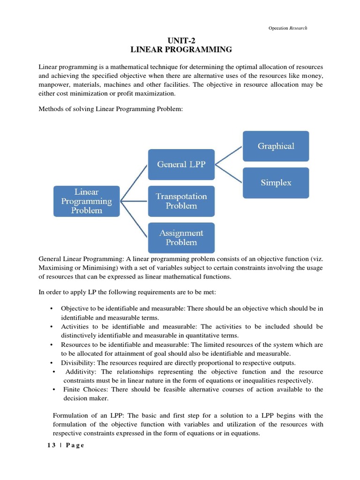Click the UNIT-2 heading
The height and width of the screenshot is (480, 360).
point(180,40)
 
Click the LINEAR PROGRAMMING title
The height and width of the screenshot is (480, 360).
point(180,49)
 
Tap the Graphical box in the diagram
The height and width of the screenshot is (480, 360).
point(276,146)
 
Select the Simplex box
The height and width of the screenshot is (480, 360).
point(276,182)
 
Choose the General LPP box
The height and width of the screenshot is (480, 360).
point(181,165)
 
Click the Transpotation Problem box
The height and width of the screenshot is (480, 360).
point(181,201)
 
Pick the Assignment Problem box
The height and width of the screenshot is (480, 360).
point(181,238)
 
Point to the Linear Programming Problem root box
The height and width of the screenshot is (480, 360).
point(87,201)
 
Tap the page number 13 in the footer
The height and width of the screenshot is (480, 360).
point(52,445)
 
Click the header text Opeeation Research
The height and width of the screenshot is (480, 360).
point(288,28)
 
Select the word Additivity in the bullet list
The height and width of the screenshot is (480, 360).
point(81,372)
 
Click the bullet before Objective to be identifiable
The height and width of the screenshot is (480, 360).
point(51,308)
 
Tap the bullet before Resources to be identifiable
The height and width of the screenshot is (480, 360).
point(51,345)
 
